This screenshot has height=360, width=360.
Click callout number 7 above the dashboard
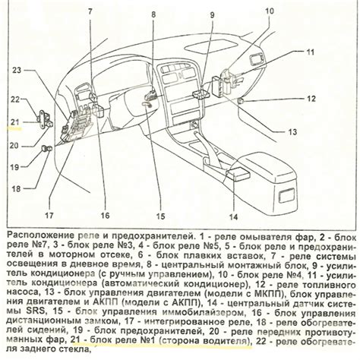pos(90,11)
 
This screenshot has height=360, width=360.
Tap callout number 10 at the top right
pos(269,11)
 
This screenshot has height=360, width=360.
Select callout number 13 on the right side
pos(292,132)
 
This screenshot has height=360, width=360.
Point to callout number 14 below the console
pos(233,217)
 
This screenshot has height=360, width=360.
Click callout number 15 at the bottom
pos(160,216)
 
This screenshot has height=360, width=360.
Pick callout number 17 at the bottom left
pos(49,216)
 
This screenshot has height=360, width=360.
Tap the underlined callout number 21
pos(15,122)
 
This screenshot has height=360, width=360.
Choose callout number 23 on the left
pos(17,70)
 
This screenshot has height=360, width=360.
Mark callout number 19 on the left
pos(14,167)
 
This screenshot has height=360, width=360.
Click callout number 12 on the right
pos(311,99)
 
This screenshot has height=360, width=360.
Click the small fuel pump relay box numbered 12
pos(241,101)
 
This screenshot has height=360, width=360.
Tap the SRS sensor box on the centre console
pos(238,175)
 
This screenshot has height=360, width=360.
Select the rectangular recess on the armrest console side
pos(286,196)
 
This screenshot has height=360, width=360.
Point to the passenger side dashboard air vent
pos(257,60)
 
